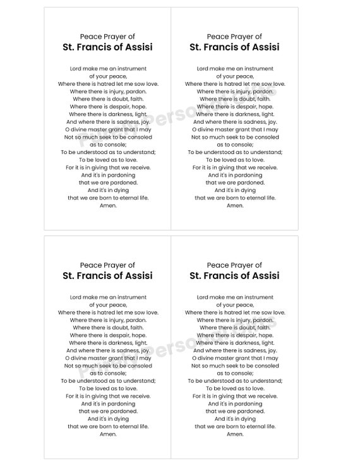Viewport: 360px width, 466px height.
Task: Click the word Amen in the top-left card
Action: (x=108, y=205)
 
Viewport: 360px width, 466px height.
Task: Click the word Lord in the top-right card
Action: (x=203, y=68)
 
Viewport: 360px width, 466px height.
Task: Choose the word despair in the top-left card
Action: (x=109, y=107)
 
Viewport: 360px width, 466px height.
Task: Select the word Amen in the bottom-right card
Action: (x=235, y=434)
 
